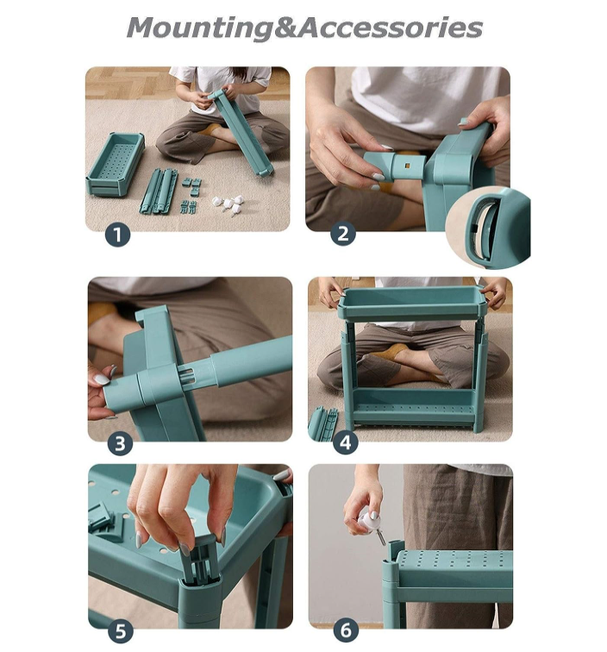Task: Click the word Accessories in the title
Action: click(x=391, y=28)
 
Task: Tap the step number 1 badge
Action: click(x=117, y=235)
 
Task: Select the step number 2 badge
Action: click(x=343, y=234)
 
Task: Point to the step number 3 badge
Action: click(x=120, y=443)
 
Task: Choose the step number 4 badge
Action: click(x=346, y=442)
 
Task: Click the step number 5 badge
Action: click(x=121, y=631)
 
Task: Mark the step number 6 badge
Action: click(x=346, y=630)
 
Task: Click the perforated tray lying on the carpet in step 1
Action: click(x=116, y=163)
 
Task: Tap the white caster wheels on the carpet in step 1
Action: click(x=228, y=204)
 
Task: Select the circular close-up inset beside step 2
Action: click(x=487, y=228)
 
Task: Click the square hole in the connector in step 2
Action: click(x=408, y=166)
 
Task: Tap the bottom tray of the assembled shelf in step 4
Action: click(x=413, y=408)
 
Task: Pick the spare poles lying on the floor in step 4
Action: click(x=323, y=423)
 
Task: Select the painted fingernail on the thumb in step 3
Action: click(x=102, y=379)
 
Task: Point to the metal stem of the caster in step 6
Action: click(x=381, y=539)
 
